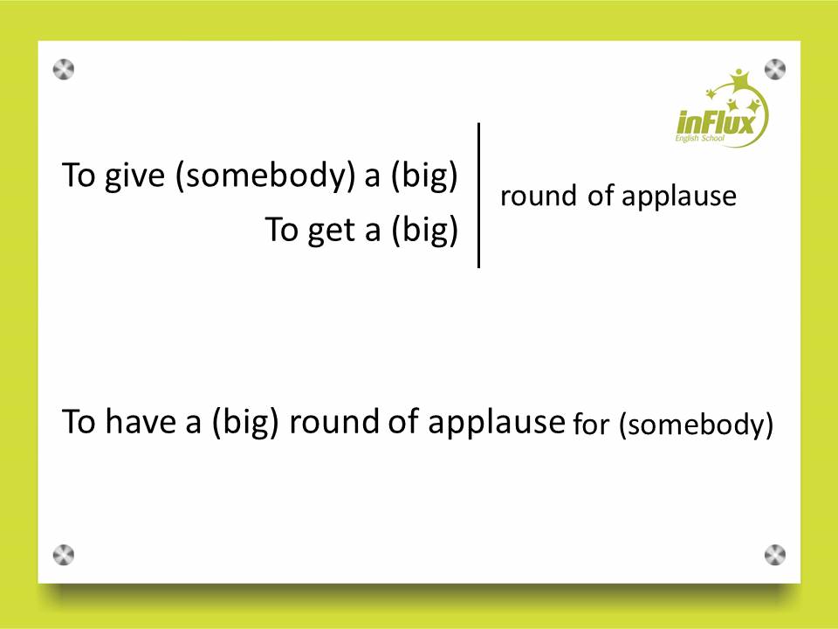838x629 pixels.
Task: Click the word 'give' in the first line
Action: pos(134,176)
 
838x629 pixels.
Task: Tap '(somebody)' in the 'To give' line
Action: pos(265,176)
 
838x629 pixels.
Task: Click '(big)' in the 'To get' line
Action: pos(425,230)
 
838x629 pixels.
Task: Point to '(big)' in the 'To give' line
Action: pos(424,176)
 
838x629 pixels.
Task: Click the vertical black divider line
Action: pos(478,195)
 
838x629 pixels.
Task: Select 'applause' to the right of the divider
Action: pos(679,197)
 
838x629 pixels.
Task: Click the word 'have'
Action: pos(140,421)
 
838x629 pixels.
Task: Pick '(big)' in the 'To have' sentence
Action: pos(245,422)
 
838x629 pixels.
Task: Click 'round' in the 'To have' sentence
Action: pos(333,421)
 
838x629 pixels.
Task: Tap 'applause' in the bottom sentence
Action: pos(497,423)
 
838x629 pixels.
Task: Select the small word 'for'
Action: pos(591,425)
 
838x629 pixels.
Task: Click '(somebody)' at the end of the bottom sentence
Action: pos(697,425)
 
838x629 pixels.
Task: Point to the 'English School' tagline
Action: pos(699,139)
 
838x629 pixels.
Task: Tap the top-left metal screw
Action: pos(64,70)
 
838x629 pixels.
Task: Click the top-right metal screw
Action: pos(775,70)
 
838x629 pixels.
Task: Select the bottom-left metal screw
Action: pos(64,556)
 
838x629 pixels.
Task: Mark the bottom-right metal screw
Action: pos(775,556)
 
